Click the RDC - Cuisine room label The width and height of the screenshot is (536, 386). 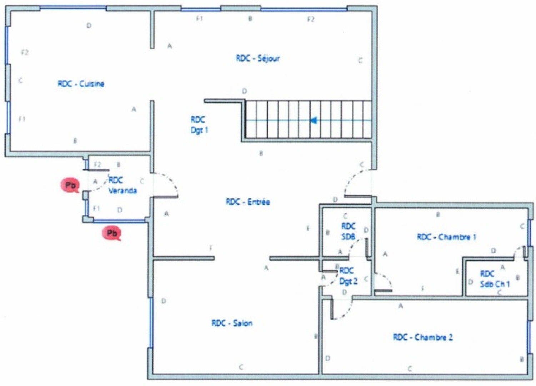81,84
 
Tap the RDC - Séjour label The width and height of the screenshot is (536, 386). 257,58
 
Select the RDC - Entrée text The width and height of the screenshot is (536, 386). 247,202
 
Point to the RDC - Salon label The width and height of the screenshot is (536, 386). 232,323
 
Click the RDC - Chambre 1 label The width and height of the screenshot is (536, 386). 446,237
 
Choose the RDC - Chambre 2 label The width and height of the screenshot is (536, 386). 422,337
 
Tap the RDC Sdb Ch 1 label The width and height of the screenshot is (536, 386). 494,279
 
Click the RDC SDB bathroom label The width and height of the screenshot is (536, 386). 348,231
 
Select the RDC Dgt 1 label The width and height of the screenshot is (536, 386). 199,125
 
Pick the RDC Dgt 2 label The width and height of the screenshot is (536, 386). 348,276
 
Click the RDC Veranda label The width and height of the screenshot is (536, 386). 122,185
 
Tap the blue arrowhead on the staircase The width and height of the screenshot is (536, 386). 314,120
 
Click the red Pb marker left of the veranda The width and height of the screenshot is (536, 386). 70,185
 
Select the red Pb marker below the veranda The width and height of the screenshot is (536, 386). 111,233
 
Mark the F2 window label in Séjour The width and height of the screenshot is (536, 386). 311,19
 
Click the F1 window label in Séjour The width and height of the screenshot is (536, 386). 199,18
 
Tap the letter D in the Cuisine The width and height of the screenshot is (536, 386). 89,25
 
